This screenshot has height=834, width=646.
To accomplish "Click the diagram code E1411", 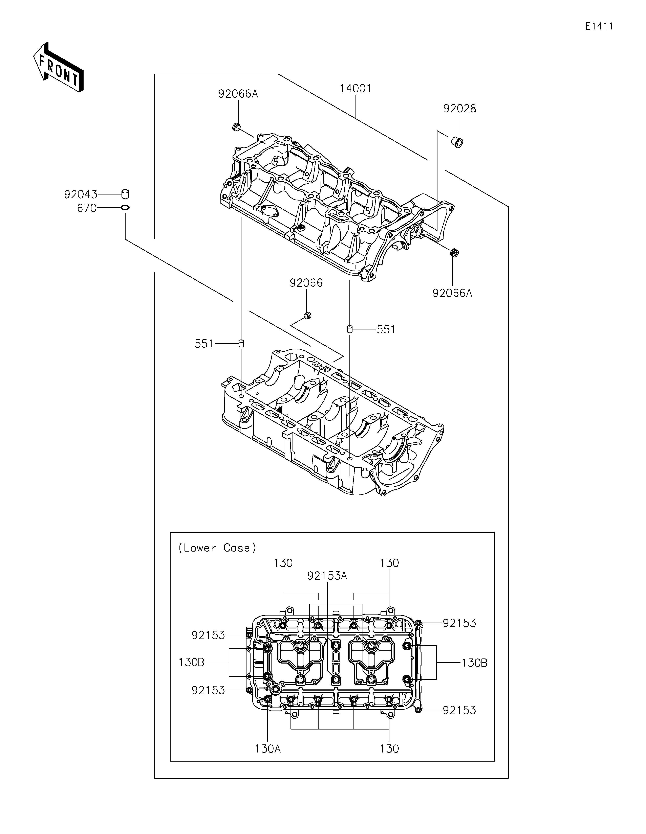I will tap(599, 26).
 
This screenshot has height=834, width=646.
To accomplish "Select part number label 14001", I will tap(355, 89).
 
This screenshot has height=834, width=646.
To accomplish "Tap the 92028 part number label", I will tap(460, 109).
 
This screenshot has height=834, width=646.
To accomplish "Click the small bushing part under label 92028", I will tap(457, 142).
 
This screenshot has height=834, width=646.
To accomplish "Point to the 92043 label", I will tap(81, 195).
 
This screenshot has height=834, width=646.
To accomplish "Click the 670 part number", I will tap(87, 209).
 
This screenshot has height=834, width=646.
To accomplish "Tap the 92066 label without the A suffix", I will tap(306, 283).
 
